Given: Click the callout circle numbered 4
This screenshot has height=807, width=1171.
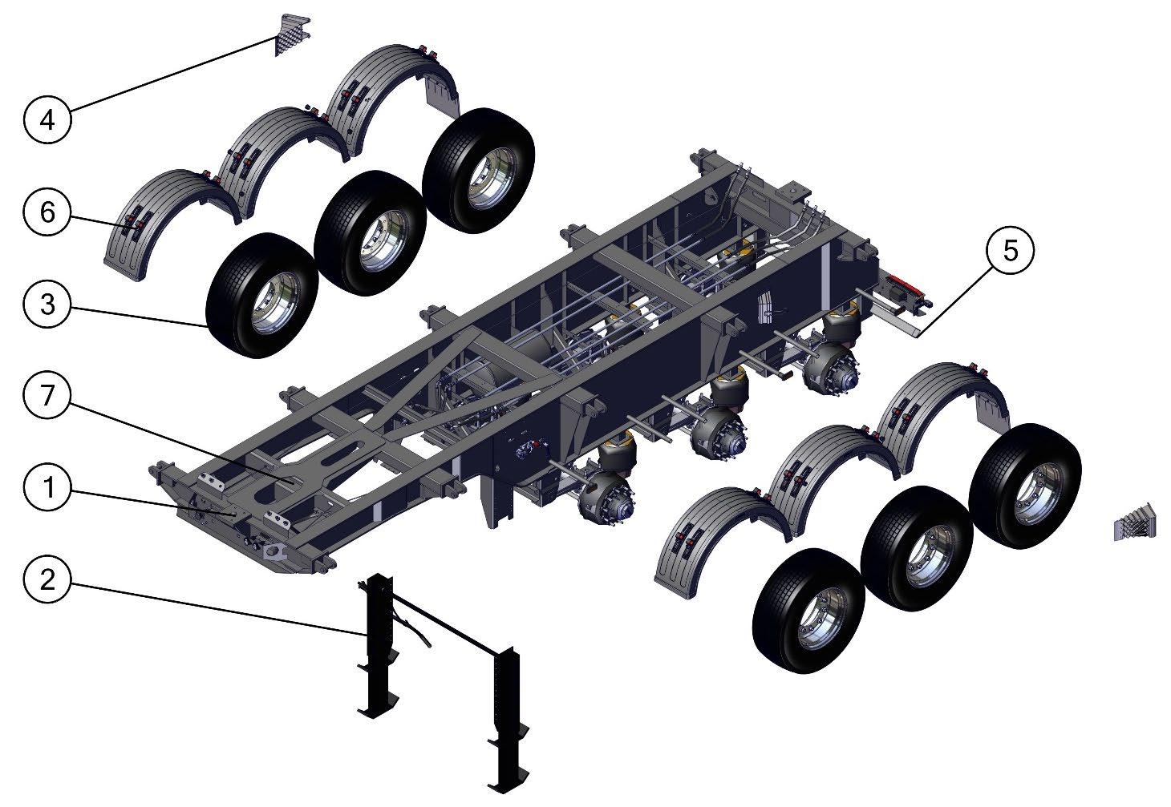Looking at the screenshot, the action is click(x=47, y=120).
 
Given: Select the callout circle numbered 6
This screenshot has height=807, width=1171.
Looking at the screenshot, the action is click(x=47, y=212).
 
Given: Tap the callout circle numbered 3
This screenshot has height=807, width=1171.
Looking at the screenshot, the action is click(x=47, y=305).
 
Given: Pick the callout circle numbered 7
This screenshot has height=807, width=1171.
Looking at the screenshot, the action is click(x=47, y=396).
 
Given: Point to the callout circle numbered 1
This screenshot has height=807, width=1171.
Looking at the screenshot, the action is click(x=47, y=488).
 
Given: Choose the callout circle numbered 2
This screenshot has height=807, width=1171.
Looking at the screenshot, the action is click(x=47, y=579).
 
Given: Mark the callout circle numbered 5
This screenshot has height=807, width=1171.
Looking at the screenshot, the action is click(x=1010, y=251).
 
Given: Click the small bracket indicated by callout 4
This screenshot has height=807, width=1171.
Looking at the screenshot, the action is click(x=290, y=34).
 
